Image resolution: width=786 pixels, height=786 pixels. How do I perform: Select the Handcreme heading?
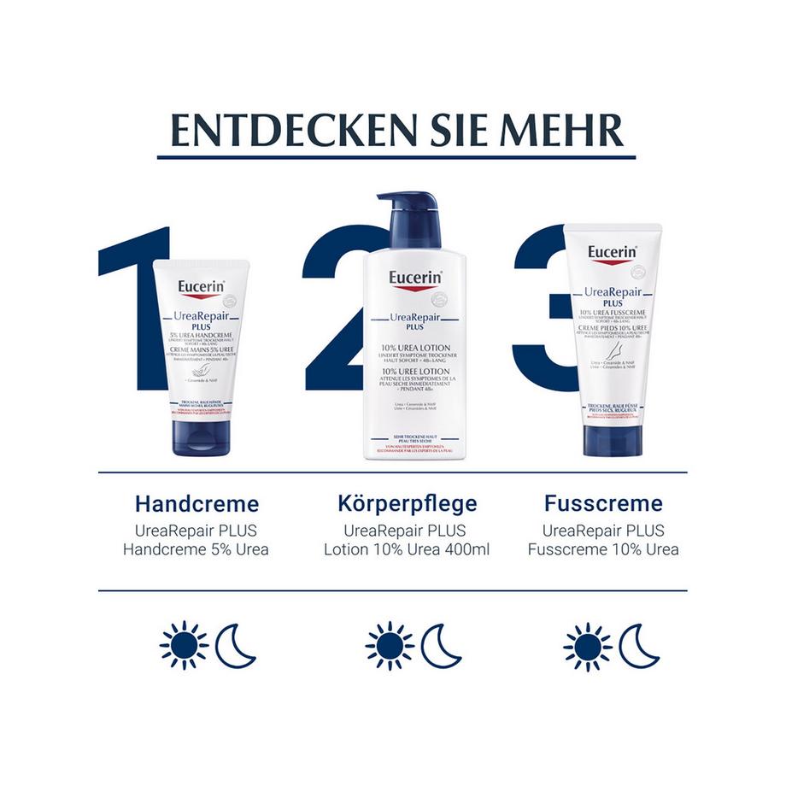tap(196, 503)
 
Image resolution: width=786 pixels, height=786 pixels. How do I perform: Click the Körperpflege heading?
tap(407, 503)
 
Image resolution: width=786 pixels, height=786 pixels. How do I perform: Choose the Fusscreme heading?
tap(603, 503)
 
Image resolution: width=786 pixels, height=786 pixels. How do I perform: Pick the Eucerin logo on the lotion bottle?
tap(414, 280)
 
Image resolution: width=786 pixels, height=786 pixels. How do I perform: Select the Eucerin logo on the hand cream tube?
tap(202, 289)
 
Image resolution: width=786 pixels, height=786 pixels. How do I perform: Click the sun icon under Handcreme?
tap(184, 646)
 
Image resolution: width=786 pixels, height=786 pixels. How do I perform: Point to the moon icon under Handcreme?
tap(235, 646)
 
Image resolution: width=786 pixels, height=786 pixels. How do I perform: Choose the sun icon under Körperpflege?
tap(389, 646)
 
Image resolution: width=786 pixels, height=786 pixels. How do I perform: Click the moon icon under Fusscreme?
tap(639, 646)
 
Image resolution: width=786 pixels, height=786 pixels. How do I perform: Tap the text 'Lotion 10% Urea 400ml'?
tap(407, 549)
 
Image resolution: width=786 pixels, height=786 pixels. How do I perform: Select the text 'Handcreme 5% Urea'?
tap(196, 549)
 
